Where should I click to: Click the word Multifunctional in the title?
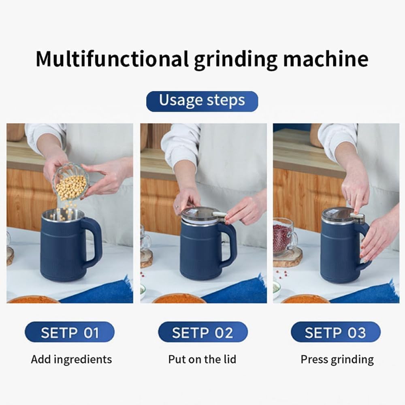click(112, 59)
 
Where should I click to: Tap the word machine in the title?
click(326, 59)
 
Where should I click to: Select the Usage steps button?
click(202, 101)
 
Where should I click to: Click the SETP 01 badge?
click(69, 332)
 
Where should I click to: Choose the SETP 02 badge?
click(202, 332)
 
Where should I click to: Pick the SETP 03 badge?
click(335, 332)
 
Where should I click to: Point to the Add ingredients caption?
click(71, 359)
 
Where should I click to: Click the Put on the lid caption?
click(202, 359)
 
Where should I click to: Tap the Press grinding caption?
click(337, 359)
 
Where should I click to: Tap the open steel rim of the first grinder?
click(63, 215)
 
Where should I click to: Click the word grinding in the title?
click(236, 59)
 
